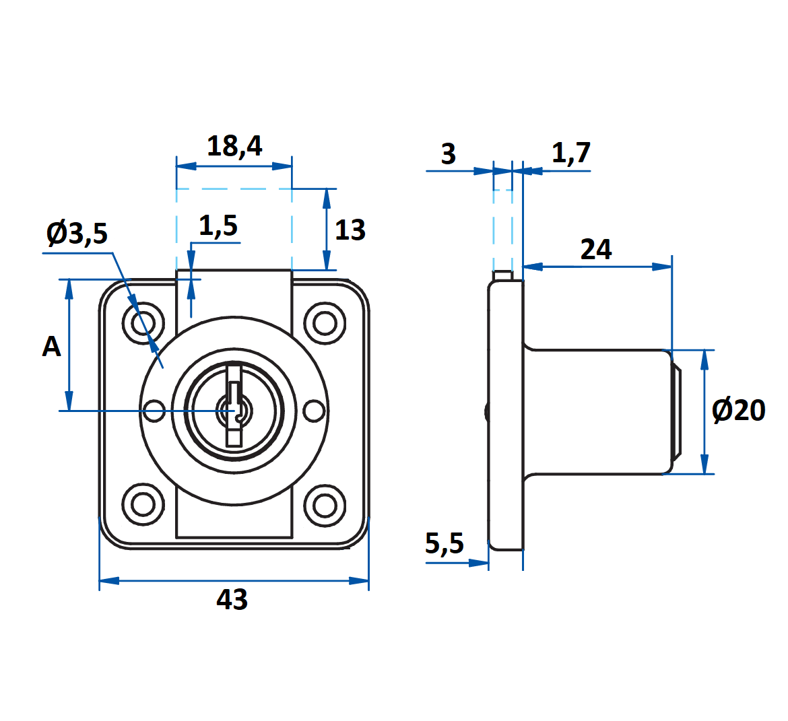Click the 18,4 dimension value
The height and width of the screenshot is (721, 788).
tap(234, 145)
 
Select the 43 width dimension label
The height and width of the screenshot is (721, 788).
tap(232, 599)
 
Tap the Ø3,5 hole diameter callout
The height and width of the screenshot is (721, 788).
tap(77, 234)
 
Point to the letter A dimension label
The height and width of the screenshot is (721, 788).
tap(51, 347)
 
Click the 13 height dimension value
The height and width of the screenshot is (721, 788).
tap(350, 230)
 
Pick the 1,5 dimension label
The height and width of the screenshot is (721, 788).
tap(218, 226)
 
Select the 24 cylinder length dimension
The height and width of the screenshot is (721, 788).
tap(596, 250)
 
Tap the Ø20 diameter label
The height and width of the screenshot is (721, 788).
tap(739, 410)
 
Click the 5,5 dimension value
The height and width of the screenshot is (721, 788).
tap(445, 543)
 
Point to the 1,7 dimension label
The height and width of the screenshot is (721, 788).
tap(571, 153)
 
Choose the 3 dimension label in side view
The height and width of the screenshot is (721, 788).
tap(449, 154)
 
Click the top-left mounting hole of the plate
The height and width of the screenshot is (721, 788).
tap(143, 324)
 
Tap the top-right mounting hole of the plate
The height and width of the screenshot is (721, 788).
tap(325, 324)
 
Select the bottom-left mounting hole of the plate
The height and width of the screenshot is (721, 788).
tap(143, 504)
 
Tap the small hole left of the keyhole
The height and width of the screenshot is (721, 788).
tap(155, 409)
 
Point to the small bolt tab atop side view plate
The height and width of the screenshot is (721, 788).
tap(502, 275)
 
